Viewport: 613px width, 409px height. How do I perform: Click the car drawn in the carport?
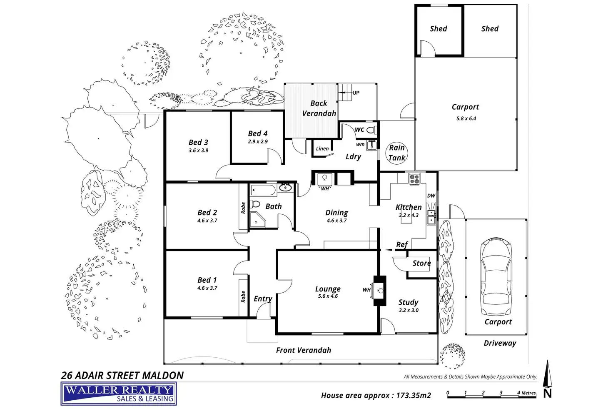496,278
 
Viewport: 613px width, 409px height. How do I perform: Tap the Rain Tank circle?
396,153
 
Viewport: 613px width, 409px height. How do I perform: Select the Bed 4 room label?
258,133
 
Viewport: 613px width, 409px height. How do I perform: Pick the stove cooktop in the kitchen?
414,179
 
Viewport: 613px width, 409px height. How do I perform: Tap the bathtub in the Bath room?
263,191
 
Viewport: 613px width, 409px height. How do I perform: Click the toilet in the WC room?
371,130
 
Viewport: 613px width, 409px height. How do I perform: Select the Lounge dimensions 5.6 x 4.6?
328,296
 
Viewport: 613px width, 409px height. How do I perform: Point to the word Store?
421,263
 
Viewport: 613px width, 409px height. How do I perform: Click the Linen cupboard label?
322,148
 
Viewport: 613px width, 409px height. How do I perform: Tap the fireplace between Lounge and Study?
379,290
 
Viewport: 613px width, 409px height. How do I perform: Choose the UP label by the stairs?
356,93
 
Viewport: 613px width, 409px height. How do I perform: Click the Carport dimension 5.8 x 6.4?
466,118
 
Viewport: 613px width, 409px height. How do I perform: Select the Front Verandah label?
303,350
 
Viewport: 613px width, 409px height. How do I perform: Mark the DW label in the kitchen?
431,196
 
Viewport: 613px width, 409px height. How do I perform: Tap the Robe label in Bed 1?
243,296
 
